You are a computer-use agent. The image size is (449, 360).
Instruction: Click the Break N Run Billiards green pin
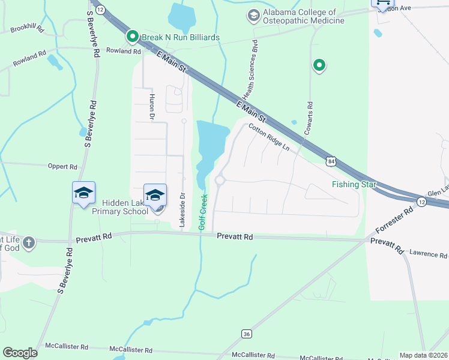[132, 37]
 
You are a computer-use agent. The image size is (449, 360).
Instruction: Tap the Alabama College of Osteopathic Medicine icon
[253, 15]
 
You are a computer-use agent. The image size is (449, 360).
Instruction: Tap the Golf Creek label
[203, 211]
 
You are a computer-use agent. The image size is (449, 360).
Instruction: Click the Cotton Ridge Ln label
[268, 138]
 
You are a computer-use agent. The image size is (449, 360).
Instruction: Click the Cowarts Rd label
[310, 117]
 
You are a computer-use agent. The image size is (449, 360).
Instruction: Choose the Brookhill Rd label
[27, 29]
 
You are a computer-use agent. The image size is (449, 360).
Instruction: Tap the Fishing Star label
[354, 184]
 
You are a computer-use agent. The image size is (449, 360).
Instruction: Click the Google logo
[20, 353]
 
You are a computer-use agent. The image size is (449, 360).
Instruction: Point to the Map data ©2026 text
[423, 355]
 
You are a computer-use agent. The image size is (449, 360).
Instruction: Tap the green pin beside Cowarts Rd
[319, 65]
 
